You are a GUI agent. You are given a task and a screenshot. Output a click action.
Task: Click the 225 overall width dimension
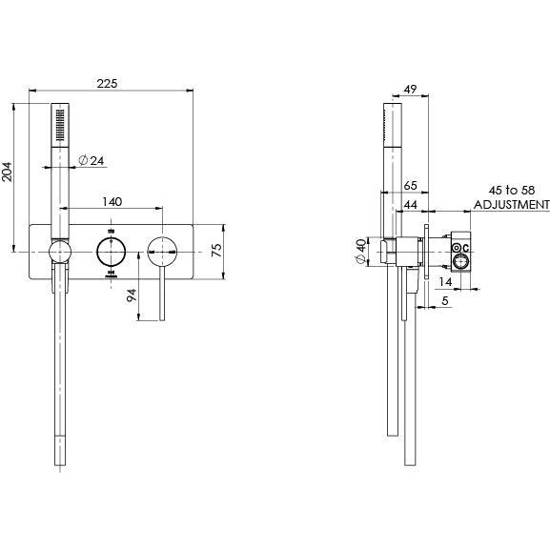coord(108,85)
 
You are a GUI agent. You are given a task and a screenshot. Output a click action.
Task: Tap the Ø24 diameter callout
coord(91,160)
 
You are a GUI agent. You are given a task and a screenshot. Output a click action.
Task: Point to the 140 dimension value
coord(112,202)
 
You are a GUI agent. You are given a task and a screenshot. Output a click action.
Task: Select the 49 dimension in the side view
coord(411,90)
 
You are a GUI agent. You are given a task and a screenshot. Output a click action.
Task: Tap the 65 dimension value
coord(411,187)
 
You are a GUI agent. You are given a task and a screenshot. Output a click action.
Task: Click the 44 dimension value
coord(411,205)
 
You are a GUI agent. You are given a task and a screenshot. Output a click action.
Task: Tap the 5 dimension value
coord(445,301)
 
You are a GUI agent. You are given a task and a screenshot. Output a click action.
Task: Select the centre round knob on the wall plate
coord(112,253)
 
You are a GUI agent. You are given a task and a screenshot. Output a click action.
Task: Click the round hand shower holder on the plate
coord(59,253)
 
